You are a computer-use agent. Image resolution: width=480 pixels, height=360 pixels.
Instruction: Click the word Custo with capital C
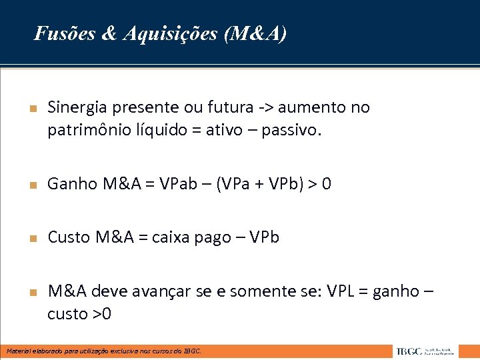[69, 237]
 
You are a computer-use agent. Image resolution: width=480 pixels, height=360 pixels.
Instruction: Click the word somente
[259, 291]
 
